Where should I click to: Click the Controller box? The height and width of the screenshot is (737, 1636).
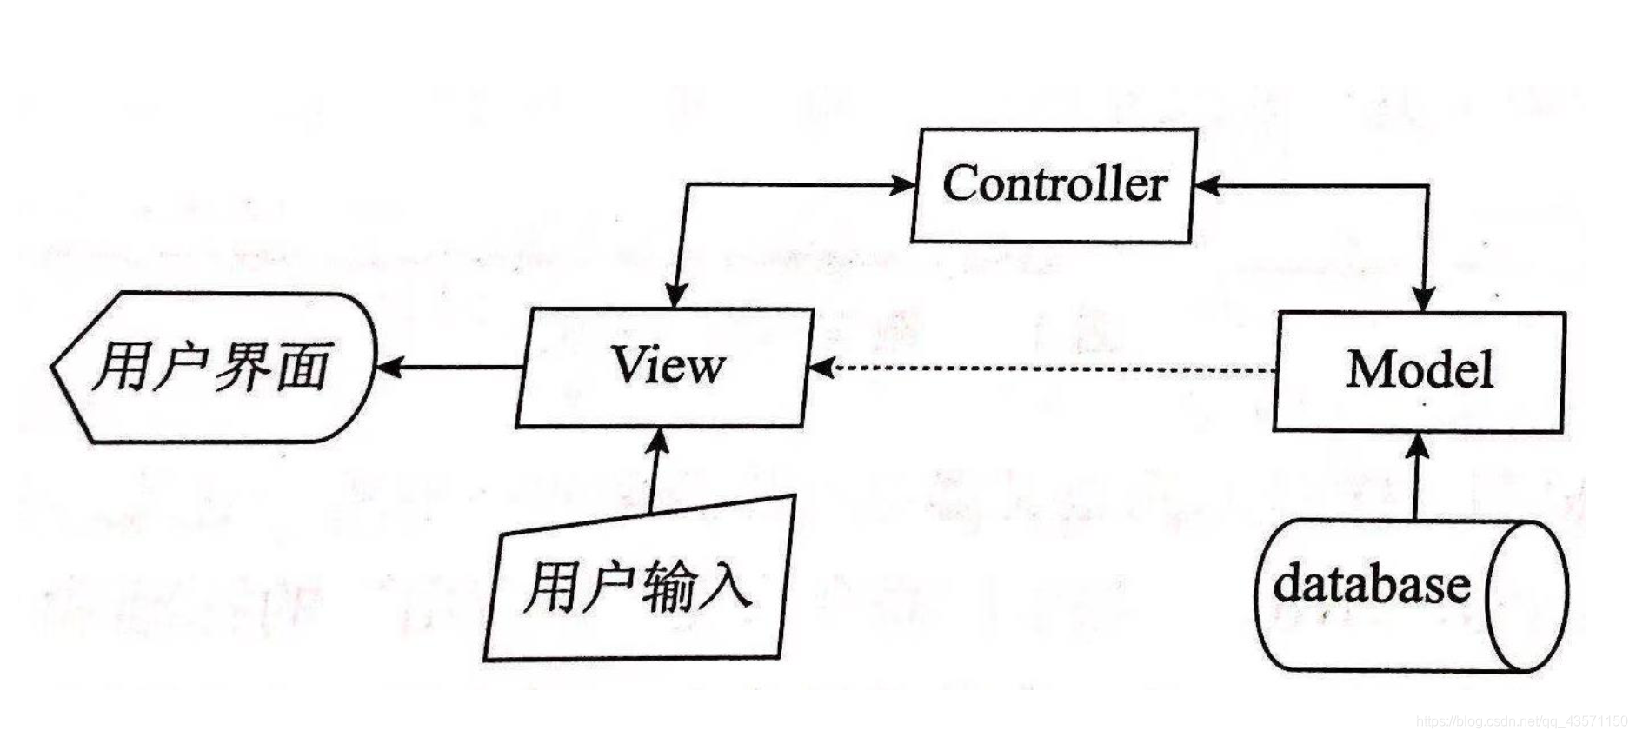[1054, 185]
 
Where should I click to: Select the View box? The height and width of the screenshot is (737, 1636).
[666, 367]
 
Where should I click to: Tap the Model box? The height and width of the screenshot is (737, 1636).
[1419, 371]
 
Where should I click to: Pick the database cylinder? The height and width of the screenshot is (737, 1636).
[1410, 595]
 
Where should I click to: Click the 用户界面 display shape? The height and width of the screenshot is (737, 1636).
[214, 367]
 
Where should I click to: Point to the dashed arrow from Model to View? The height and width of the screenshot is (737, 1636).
[1043, 368]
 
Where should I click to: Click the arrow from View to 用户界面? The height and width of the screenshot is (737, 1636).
[449, 367]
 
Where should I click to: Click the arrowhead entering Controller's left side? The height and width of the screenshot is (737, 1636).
[904, 184]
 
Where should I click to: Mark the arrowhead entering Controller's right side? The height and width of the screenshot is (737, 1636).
[1207, 185]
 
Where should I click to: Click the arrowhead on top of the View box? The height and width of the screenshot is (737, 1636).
[675, 295]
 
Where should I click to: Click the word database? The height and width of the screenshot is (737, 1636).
[1371, 584]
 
